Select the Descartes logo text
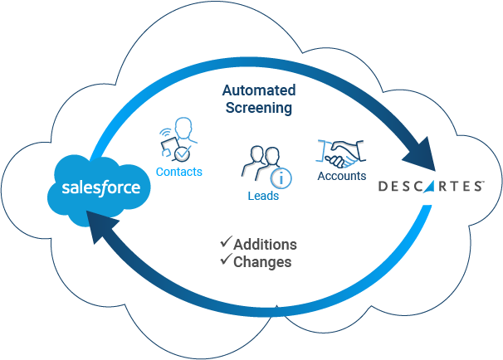click(x=430, y=186)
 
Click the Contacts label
click(x=179, y=173)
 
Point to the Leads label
click(x=262, y=197)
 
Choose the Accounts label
click(x=342, y=177)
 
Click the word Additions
click(x=265, y=245)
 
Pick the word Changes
click(x=262, y=262)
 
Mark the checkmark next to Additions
click(x=225, y=243)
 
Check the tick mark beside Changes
click(x=225, y=260)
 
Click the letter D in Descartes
click(x=383, y=187)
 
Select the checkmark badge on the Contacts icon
click(x=182, y=154)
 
